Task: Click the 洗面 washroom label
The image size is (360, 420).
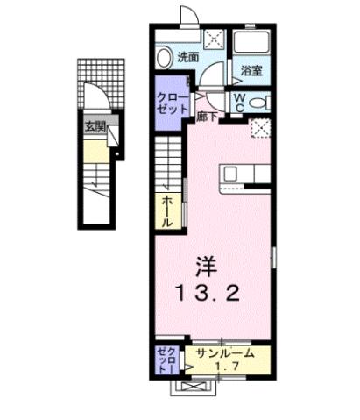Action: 187,57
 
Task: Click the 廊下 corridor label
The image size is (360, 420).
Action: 207,115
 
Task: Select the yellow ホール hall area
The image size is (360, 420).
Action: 166,211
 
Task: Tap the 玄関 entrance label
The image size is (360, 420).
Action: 94,127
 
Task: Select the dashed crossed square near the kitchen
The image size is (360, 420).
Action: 260,128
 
